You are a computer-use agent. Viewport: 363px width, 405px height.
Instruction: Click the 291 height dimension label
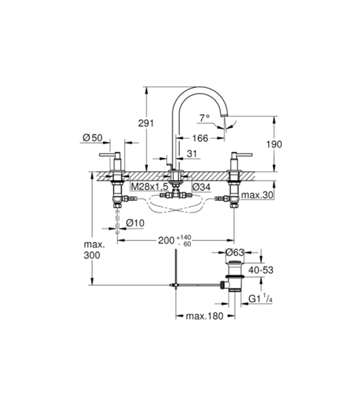pos(146,123)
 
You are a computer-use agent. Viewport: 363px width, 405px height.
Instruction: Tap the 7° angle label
pos(205,118)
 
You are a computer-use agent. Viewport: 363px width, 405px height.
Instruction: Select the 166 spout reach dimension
pos(200,138)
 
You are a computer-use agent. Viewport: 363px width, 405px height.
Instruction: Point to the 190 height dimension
pos(274,144)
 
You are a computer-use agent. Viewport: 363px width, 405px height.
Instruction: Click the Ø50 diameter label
pos(92,138)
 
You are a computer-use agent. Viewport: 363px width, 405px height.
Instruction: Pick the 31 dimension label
pos(192,154)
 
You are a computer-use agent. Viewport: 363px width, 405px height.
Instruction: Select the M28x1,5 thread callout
pos(150,187)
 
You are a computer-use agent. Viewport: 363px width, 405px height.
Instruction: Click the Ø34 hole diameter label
pos(201,187)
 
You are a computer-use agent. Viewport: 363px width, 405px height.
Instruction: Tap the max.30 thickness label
pos(257,195)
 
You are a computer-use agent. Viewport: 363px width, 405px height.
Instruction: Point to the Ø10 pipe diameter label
pos(135,223)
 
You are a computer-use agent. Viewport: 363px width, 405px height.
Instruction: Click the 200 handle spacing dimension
pos(166,241)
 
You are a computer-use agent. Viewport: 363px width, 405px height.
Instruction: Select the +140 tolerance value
pos(184,237)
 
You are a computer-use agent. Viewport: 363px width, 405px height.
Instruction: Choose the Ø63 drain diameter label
pos(235,252)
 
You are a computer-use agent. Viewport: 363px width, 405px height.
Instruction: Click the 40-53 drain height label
pos(261,270)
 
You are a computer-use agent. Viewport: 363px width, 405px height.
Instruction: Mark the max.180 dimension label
pos(205,316)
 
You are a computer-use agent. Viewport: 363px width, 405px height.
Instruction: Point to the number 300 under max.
pos(92,255)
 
